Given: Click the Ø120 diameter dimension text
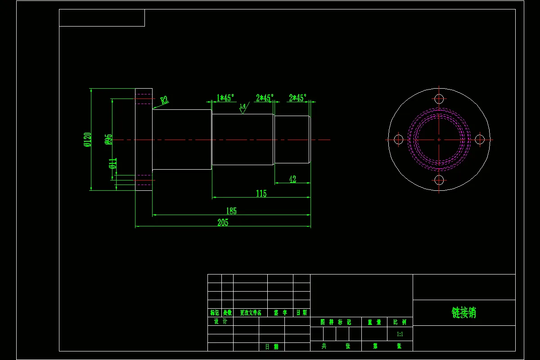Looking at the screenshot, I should pyautogui.click(x=87, y=139).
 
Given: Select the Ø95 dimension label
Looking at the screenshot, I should pyautogui.click(x=108, y=139).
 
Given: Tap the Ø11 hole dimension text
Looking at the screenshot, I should pyautogui.click(x=113, y=163).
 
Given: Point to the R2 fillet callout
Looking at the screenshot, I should pyautogui.click(x=164, y=100).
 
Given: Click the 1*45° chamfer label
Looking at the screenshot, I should pyautogui.click(x=225, y=98).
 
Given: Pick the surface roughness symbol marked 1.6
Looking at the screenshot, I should pyautogui.click(x=243, y=108).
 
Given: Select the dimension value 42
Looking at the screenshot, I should pyautogui.click(x=292, y=179).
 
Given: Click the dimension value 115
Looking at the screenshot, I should pyautogui.click(x=261, y=193).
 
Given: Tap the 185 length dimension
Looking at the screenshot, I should pyautogui.click(x=231, y=211).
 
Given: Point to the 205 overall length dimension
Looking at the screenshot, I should pyautogui.click(x=223, y=222).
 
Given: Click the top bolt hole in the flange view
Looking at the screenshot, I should pyautogui.click(x=439, y=99).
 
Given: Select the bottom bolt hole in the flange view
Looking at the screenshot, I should pyautogui.click(x=439, y=180).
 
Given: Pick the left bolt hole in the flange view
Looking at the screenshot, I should pyautogui.click(x=398, y=139).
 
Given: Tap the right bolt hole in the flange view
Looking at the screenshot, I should pyautogui.click(x=480, y=139).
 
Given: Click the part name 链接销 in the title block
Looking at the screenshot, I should pyautogui.click(x=463, y=313).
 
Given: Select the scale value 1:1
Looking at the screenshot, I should pyautogui.click(x=400, y=334).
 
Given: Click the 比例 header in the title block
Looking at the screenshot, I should pyautogui.click(x=400, y=322).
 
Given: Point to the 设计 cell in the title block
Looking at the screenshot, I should pyautogui.click(x=220, y=321).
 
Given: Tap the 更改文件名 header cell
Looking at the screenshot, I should pyautogui.click(x=250, y=313).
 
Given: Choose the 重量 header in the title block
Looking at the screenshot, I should pyautogui.click(x=374, y=322).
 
